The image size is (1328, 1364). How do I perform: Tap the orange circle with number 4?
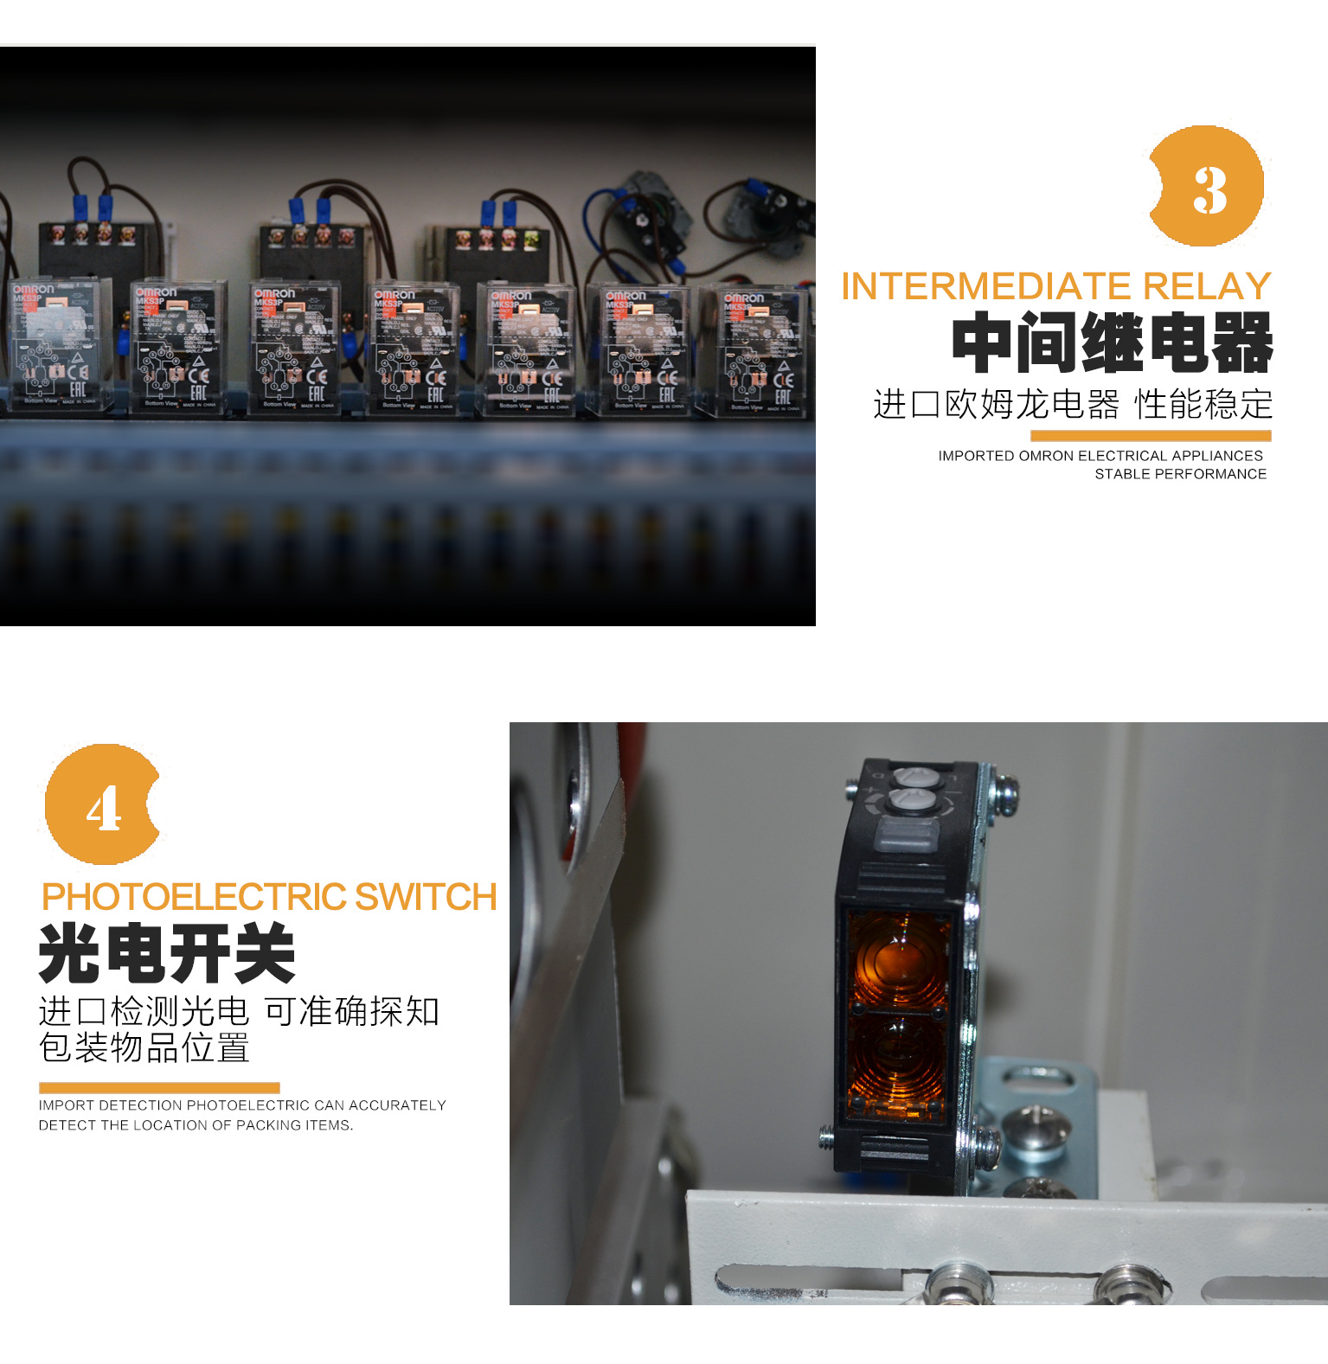pos(103,805)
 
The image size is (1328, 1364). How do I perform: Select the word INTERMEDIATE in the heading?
pos(986,286)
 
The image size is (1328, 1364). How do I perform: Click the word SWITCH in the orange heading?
pos(426,897)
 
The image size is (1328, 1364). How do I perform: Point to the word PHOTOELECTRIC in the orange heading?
pos(195,897)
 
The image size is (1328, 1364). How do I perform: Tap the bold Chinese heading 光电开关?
pos(168,953)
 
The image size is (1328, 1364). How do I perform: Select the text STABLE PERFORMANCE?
pos(1180,474)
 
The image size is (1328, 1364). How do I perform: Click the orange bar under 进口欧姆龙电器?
pos(1151,436)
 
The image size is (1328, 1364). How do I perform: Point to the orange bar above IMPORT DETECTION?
pos(159,1088)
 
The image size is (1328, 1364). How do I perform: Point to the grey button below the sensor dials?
pos(907,837)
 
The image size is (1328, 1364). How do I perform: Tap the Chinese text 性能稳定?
pos(1203,404)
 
